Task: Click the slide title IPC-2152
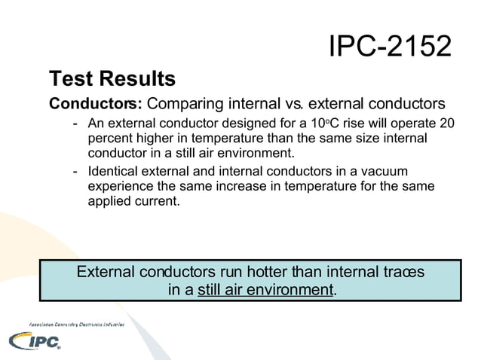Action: point(390,47)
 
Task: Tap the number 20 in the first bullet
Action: point(446,124)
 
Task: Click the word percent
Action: point(111,139)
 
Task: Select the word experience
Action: point(124,186)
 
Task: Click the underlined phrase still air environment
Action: point(265,290)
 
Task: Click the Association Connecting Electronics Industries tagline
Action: point(76,323)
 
